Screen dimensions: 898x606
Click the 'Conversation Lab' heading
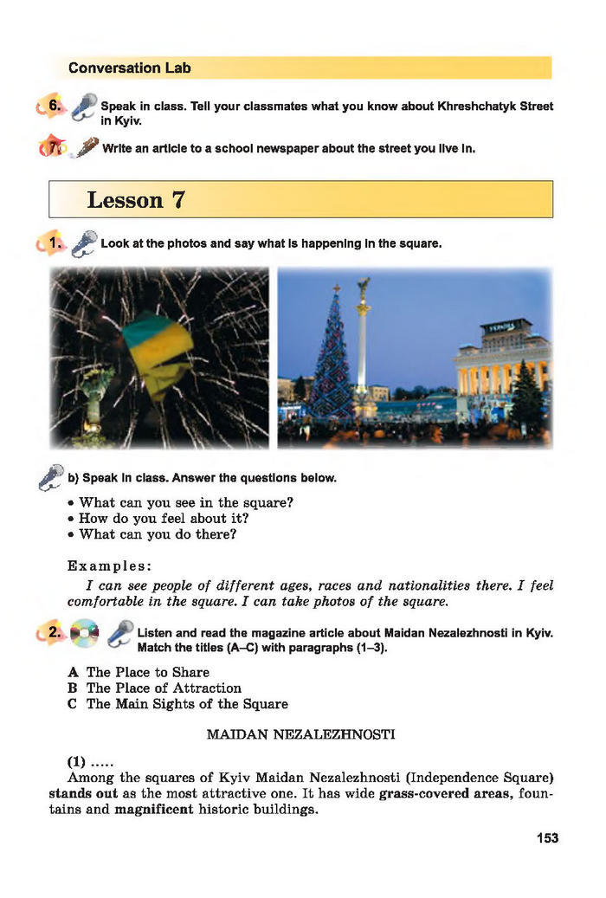tap(129, 68)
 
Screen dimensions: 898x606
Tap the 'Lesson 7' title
tap(136, 200)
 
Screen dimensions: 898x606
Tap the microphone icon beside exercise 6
tap(84, 106)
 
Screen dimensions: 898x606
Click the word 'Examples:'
tap(110, 566)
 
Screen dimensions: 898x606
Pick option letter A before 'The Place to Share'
tap(74, 672)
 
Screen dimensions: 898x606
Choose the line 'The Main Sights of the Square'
tap(187, 704)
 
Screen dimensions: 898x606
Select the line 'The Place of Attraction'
tap(164, 688)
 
